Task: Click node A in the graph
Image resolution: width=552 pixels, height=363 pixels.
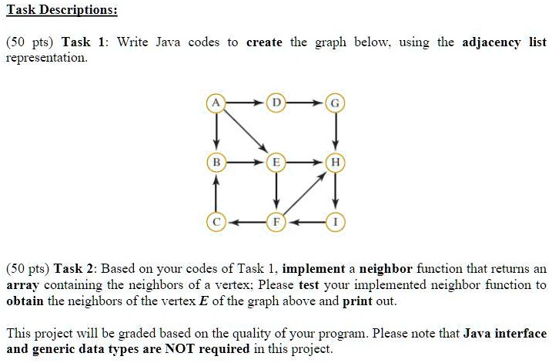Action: coord(216,103)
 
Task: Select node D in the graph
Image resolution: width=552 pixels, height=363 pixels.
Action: coord(276,103)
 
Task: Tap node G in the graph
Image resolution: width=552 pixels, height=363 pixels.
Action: coord(335,103)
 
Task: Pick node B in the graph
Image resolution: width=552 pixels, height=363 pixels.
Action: coord(216,163)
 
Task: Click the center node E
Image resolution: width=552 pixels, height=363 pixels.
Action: coord(276,163)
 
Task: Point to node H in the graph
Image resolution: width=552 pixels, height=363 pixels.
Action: coord(335,163)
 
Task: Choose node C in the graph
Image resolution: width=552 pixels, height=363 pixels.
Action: coord(216,222)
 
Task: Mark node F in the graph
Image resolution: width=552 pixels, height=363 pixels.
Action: coord(276,222)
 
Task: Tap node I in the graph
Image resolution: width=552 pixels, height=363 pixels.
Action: coord(335,222)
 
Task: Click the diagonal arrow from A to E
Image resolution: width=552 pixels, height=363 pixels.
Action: coord(246,132)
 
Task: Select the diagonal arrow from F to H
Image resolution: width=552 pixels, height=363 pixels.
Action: coord(305,193)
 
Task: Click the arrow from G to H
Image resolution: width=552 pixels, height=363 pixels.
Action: coord(336,132)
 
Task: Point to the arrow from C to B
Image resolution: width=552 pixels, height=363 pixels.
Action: coord(216,193)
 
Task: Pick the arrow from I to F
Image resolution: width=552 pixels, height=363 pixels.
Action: coord(306,223)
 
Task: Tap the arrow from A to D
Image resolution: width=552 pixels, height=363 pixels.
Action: coord(246,103)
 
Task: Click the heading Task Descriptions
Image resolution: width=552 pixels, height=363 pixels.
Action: coord(62,10)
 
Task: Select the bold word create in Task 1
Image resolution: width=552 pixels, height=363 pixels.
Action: coord(264,42)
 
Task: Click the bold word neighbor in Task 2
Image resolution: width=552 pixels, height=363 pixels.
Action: coord(386,269)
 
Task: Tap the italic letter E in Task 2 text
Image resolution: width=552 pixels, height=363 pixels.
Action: coord(203,301)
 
